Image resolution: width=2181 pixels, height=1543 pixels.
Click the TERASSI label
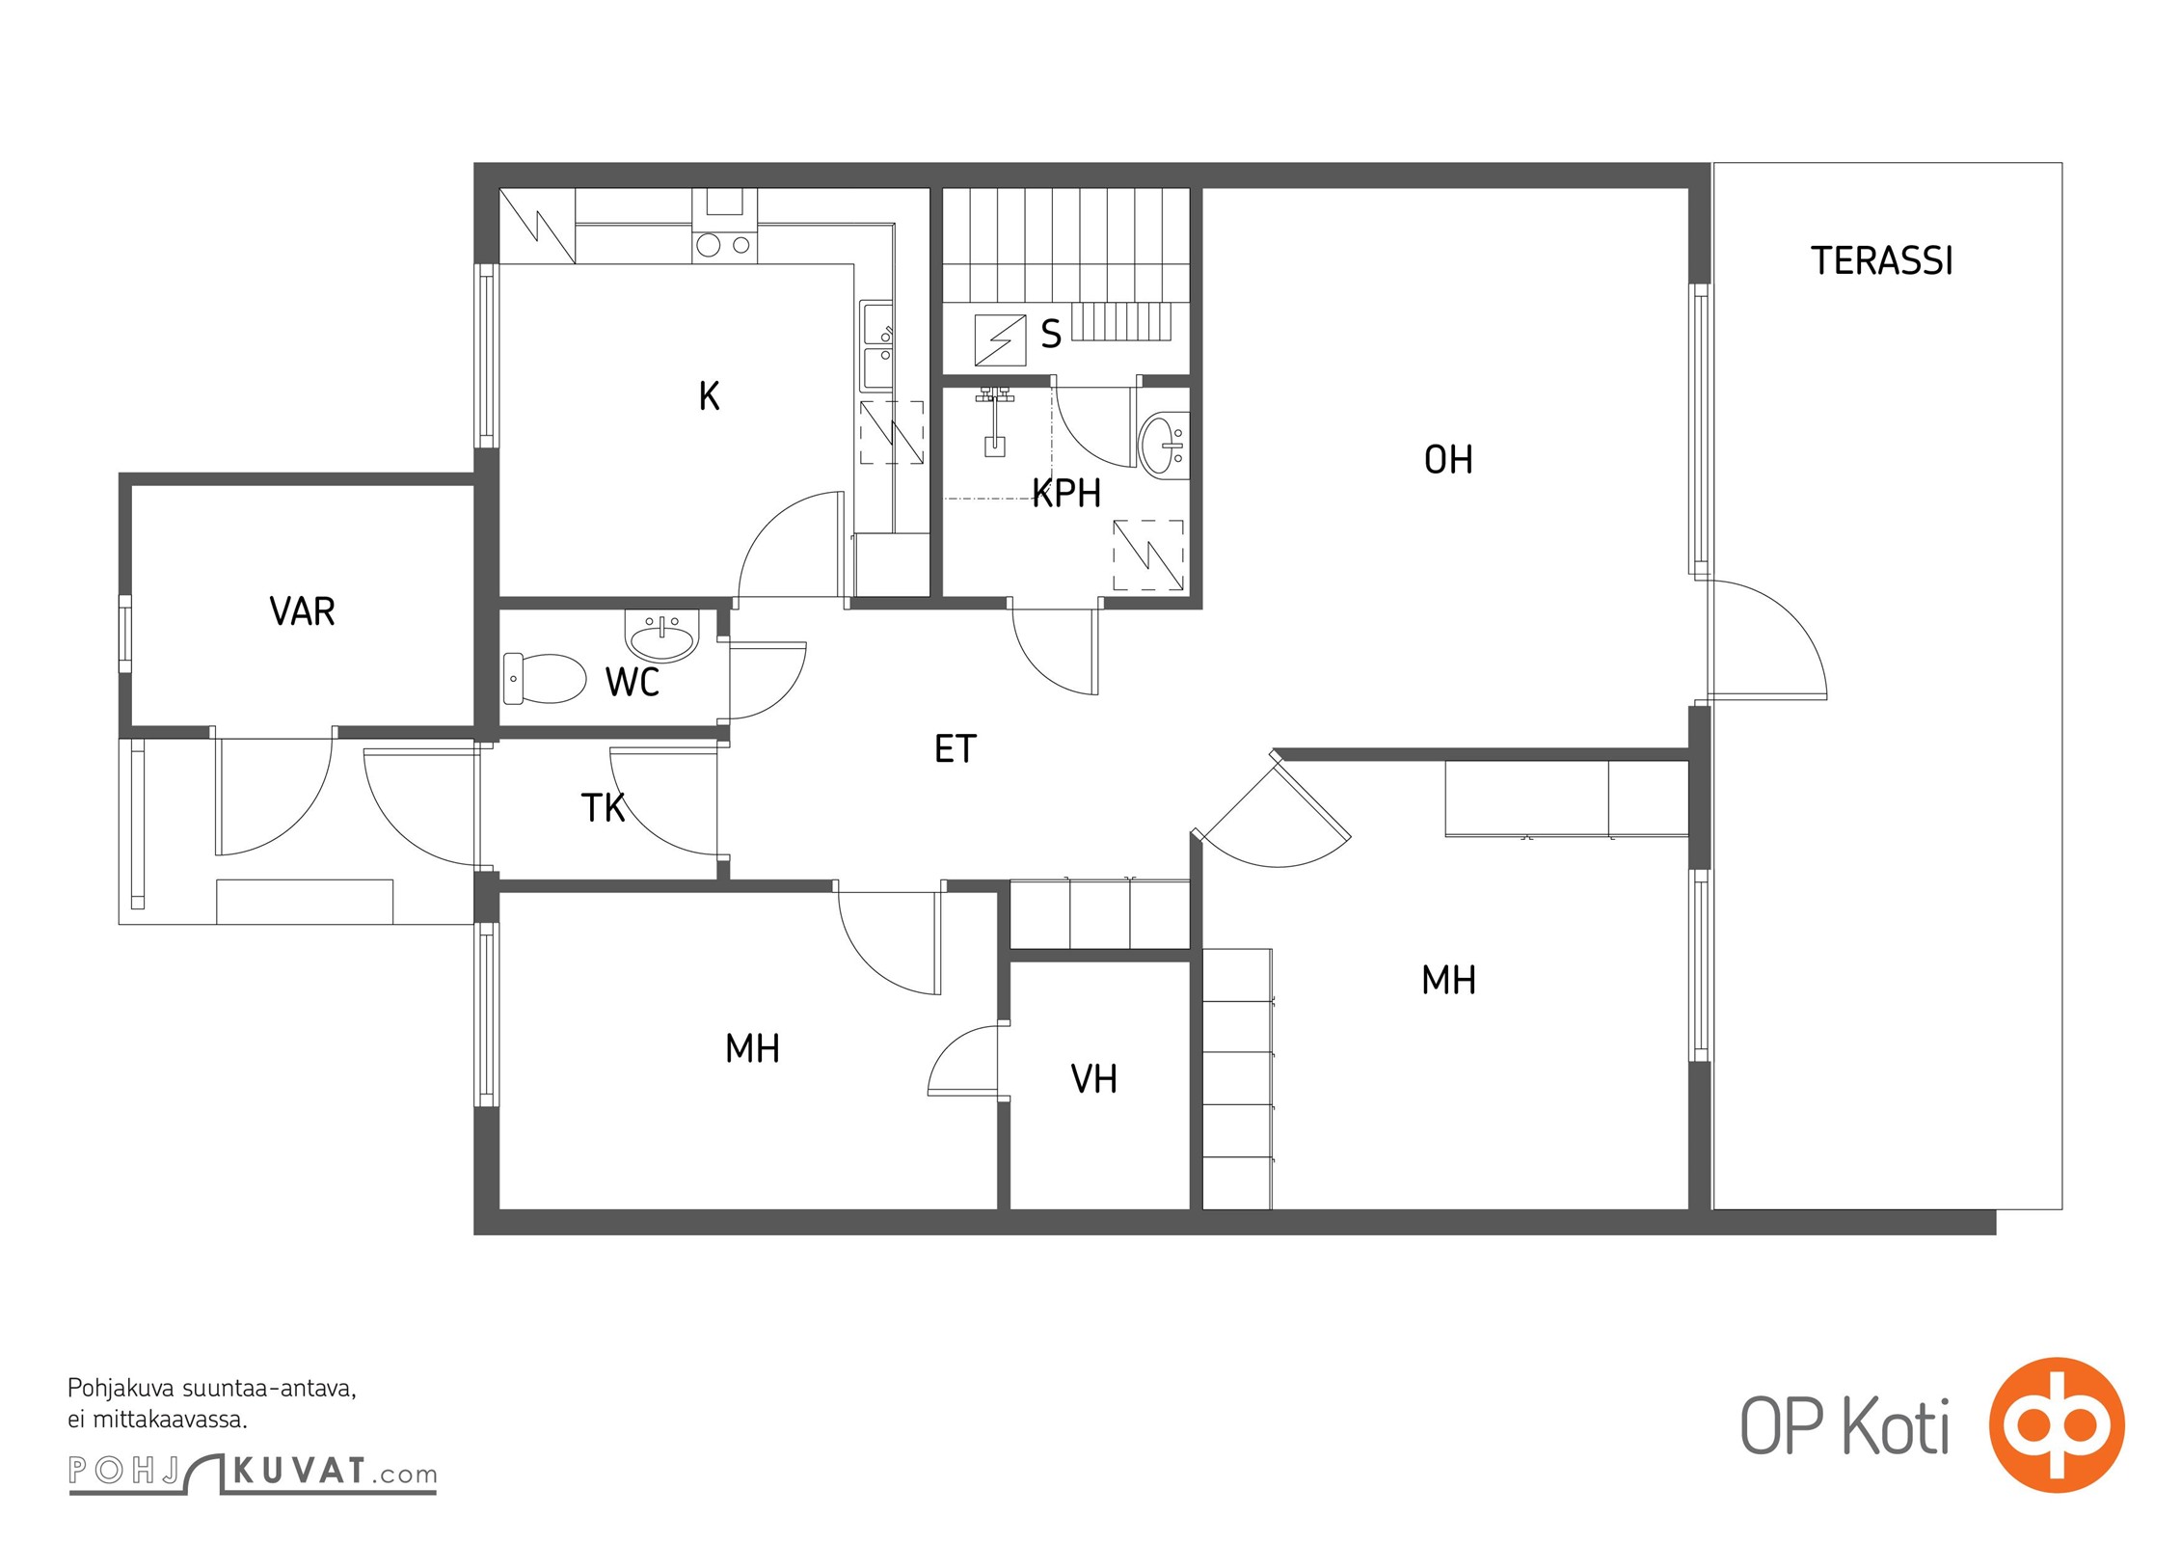(1881, 261)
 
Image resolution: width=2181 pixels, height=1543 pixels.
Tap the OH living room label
(1448, 460)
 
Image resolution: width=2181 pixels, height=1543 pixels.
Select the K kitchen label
(709, 396)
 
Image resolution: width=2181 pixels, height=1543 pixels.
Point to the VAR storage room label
(302, 611)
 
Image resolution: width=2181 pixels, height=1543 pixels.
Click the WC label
(633, 682)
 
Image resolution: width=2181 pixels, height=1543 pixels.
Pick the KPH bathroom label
(1066, 493)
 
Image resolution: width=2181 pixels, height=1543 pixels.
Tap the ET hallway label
(956, 748)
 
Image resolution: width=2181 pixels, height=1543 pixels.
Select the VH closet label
(1094, 1079)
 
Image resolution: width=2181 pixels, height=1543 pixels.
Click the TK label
(604, 808)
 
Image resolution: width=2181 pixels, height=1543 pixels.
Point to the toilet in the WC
(545, 678)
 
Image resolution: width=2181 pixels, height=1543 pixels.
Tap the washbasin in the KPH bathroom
(1164, 445)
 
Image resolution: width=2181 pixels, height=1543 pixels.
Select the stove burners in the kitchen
(724, 245)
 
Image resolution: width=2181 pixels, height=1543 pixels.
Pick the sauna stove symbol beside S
(1000, 340)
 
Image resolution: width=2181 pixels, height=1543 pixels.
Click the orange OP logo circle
(2057, 1424)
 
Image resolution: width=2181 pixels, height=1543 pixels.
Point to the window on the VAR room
(124, 634)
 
